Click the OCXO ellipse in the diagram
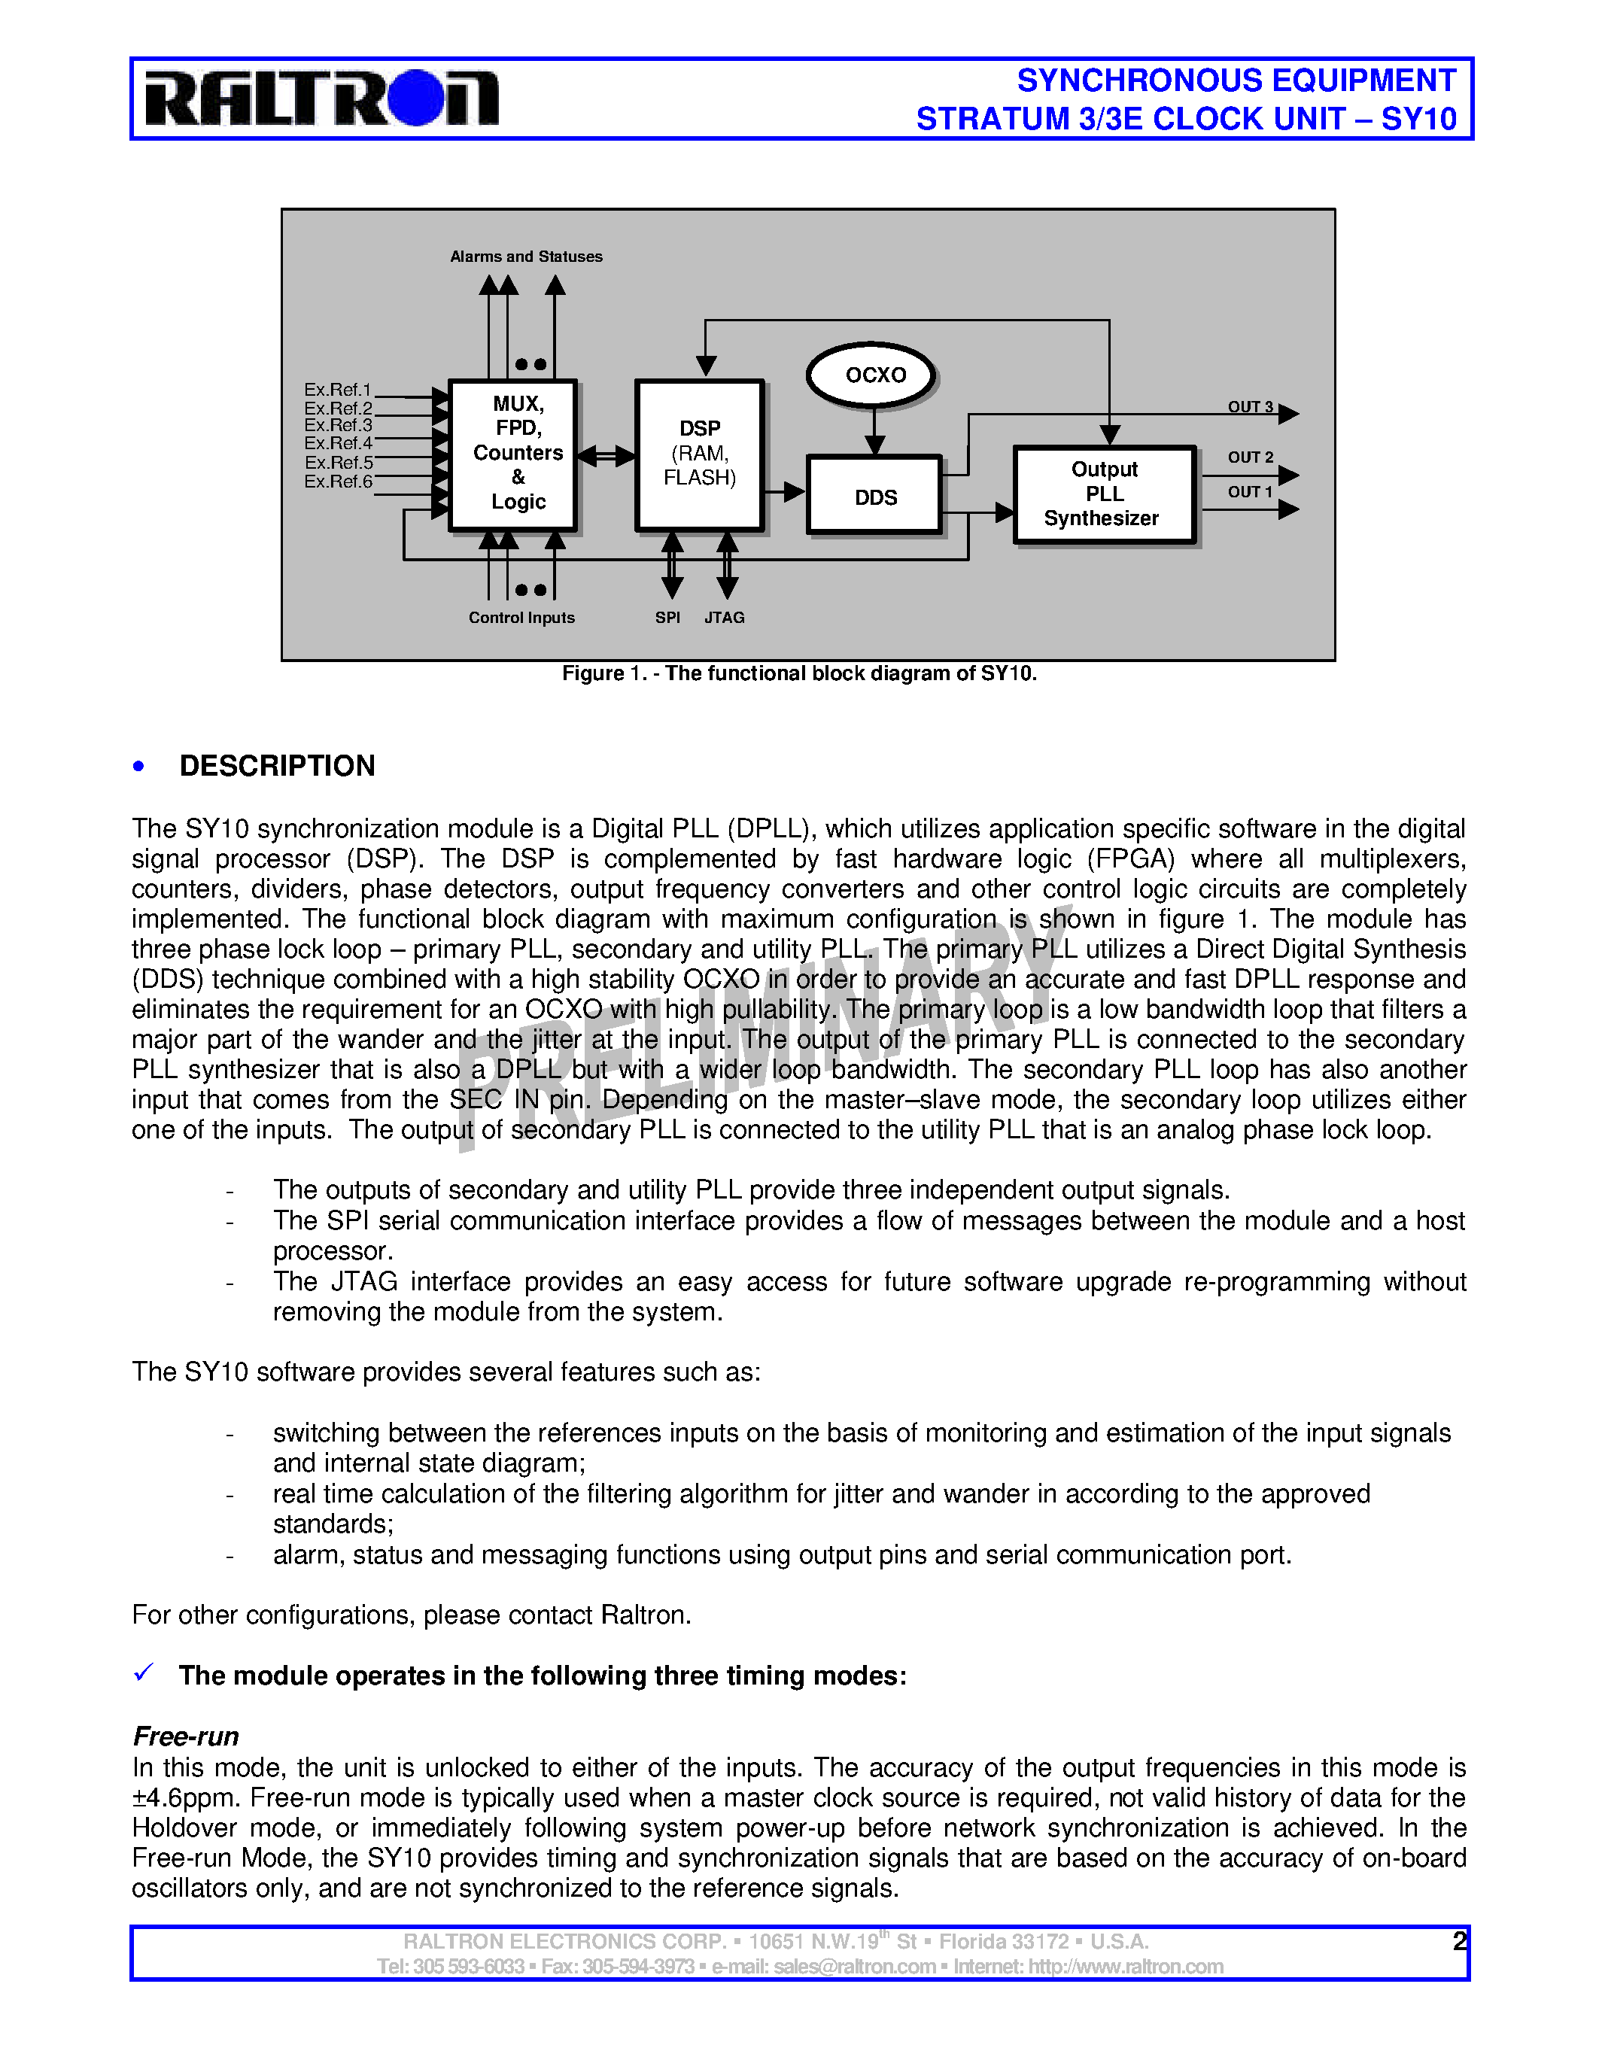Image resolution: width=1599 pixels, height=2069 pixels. tap(874, 375)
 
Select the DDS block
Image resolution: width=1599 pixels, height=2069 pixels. tap(874, 497)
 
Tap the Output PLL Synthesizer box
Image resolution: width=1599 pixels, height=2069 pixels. tap(1104, 494)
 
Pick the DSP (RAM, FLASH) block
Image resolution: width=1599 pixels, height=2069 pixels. tap(700, 454)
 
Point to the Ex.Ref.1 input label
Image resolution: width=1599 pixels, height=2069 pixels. tap(337, 390)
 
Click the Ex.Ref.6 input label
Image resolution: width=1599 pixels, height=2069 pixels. tap(337, 482)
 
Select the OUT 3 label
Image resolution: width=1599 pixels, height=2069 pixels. tap(1249, 406)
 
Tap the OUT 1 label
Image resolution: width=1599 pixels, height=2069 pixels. tap(1249, 492)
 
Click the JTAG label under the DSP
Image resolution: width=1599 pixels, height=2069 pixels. tap(724, 618)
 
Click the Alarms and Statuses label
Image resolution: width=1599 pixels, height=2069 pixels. tap(526, 257)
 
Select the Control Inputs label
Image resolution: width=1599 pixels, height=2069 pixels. tap(521, 618)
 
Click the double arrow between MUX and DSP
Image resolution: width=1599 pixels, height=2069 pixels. tap(606, 456)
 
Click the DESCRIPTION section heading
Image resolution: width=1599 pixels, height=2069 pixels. tap(277, 765)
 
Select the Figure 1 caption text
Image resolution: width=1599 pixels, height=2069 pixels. tap(798, 673)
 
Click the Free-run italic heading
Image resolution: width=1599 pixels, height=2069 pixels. tap(186, 1736)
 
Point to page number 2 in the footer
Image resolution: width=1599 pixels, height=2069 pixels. tap(1459, 1941)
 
